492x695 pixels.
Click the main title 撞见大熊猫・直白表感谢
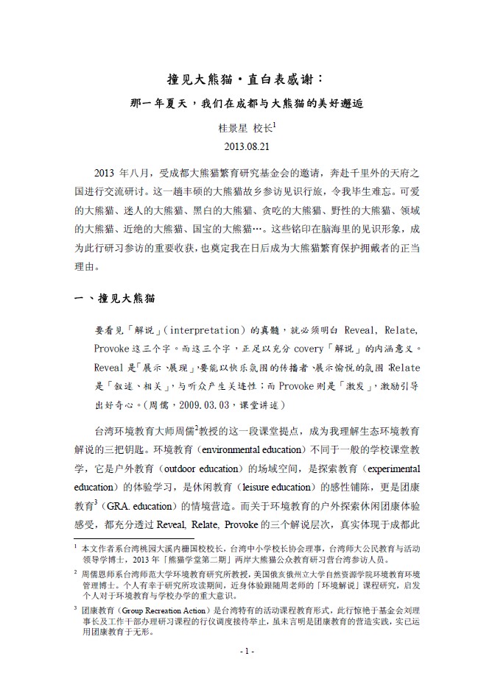tap(246, 79)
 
